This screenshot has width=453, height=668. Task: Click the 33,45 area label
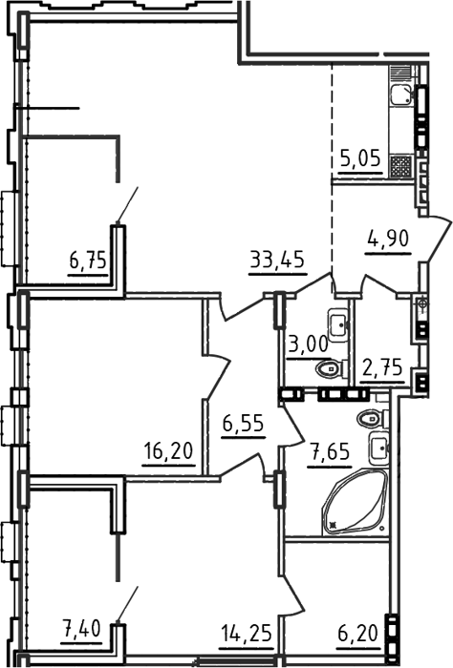point(277,260)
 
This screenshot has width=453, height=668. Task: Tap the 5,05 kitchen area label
point(360,159)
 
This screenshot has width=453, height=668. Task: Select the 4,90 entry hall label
point(388,239)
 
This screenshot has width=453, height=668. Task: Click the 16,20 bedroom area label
point(168,450)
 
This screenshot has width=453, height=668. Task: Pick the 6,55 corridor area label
point(244,424)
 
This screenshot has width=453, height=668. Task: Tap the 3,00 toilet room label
point(308,344)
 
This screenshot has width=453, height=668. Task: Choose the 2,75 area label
point(382,367)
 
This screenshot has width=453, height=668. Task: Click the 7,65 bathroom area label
point(330,451)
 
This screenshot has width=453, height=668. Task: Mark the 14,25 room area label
point(247,634)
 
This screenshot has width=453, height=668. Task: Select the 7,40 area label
point(81,627)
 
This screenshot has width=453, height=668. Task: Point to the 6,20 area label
point(357,634)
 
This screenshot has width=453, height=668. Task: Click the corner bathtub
point(356,502)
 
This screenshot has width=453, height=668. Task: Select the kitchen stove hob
point(401,166)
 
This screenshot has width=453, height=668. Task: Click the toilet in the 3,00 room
point(332,368)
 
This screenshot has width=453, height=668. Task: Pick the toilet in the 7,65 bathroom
point(373,419)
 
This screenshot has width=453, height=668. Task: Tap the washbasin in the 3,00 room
point(338,324)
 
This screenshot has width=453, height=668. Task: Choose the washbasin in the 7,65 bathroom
point(379,449)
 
